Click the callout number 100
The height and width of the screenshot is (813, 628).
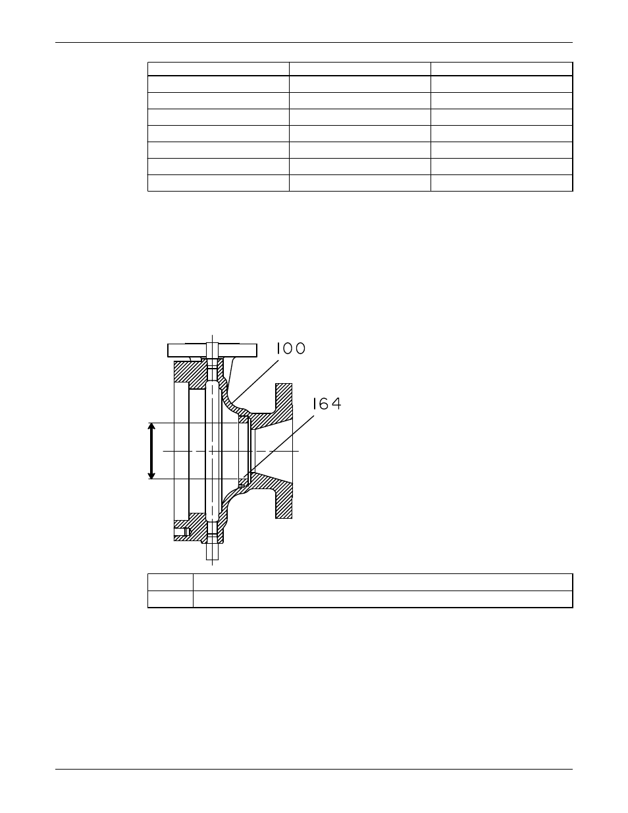click(x=290, y=348)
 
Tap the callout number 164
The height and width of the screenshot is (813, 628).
click(x=327, y=404)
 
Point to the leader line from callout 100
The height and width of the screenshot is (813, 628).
click(x=255, y=382)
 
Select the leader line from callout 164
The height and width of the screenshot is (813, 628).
click(x=279, y=446)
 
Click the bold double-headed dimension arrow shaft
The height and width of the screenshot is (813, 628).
click(x=151, y=451)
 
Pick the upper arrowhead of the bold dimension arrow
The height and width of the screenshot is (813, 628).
click(x=151, y=426)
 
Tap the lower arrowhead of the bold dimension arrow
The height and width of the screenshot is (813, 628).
click(x=151, y=476)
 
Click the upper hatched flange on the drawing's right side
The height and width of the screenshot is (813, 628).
click(x=284, y=398)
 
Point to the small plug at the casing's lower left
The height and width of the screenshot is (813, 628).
click(x=182, y=532)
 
